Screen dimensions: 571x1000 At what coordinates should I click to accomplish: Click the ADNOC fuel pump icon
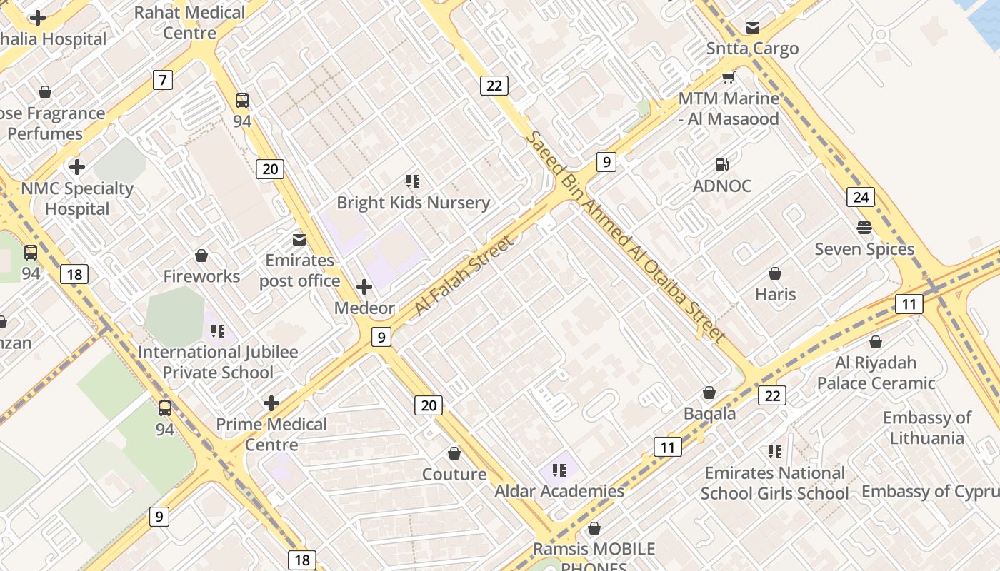(x=722, y=165)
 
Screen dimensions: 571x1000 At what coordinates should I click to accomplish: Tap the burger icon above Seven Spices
(x=864, y=228)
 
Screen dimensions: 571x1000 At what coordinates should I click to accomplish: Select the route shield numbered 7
(x=163, y=80)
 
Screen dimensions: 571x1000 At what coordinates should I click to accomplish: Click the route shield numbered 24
(x=861, y=197)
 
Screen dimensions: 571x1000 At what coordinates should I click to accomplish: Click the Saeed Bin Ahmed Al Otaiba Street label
(x=626, y=236)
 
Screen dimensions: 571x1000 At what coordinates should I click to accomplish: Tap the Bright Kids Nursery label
(x=413, y=203)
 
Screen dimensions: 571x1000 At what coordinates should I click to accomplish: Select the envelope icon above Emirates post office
(x=299, y=239)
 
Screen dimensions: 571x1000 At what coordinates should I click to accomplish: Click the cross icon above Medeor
(x=364, y=287)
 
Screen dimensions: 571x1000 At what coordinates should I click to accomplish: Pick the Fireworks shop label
(x=201, y=276)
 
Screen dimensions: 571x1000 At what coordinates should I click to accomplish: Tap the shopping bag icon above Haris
(x=775, y=273)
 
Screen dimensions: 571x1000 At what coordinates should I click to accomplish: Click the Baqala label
(x=709, y=413)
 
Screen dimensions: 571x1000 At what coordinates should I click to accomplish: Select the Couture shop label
(x=454, y=474)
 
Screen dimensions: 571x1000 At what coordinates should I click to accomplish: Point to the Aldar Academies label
(x=559, y=491)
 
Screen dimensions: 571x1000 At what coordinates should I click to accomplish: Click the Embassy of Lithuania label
(x=927, y=428)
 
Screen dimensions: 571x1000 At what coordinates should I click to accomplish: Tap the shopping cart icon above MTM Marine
(x=728, y=78)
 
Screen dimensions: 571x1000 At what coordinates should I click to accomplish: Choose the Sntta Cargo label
(x=752, y=49)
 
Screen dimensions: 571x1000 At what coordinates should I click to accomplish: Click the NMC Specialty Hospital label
(x=77, y=198)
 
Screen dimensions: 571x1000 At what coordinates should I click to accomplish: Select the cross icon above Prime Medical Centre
(x=271, y=403)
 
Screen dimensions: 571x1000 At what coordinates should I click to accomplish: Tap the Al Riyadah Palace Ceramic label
(x=876, y=373)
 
